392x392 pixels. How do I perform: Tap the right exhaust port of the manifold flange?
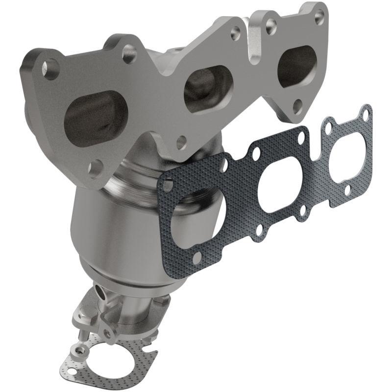295,66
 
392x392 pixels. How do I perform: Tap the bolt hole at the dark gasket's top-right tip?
364,114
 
